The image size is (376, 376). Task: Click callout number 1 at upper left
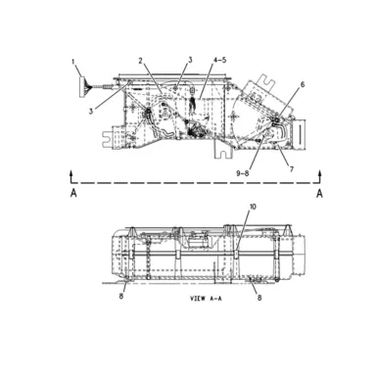[x=73, y=61]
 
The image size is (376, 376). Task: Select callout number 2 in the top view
[x=140, y=61]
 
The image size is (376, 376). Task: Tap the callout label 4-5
[x=220, y=60]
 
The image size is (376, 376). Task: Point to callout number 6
[x=303, y=84]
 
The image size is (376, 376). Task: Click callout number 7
[x=292, y=169]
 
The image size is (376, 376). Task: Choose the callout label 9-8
[x=243, y=173]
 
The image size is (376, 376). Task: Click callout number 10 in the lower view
[x=253, y=207]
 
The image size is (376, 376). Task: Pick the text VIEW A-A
[x=206, y=299]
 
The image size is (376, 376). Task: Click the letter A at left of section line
[x=73, y=193]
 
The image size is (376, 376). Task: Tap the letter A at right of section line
[x=319, y=193]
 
